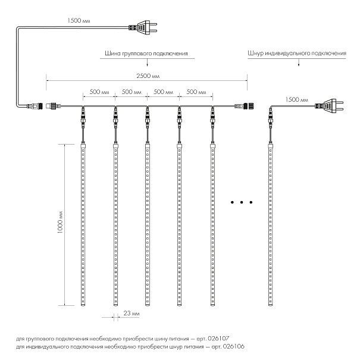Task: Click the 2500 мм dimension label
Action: coord(148,76)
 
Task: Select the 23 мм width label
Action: coord(132,313)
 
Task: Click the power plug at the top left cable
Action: coord(143,27)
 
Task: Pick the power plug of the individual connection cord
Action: coord(329,106)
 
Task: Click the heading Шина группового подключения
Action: coord(146,54)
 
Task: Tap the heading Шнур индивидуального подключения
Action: coord(297,54)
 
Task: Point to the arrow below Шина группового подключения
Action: coord(147,62)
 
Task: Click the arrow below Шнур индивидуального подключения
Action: coord(299,62)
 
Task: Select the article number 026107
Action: coord(218,339)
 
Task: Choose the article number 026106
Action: coord(233,346)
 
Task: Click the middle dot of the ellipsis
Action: coord(242,202)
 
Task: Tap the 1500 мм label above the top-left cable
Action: coord(79,20)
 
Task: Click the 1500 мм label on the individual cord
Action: coord(297,99)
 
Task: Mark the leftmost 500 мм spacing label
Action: coord(99,92)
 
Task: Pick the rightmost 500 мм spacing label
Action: coord(196,92)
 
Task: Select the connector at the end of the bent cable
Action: coord(35,106)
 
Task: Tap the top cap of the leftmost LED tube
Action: coord(83,145)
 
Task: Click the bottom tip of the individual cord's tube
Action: coord(271,305)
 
